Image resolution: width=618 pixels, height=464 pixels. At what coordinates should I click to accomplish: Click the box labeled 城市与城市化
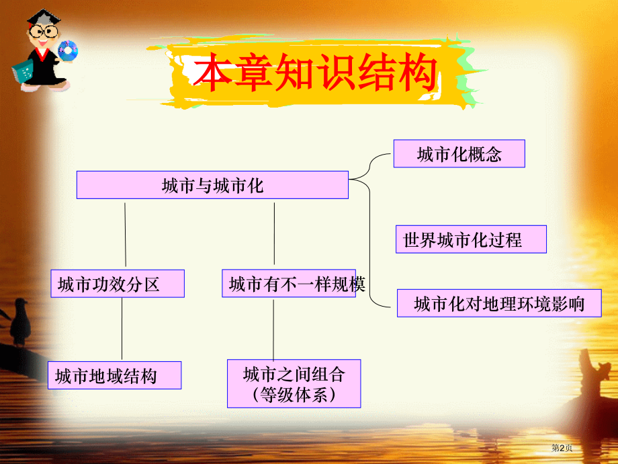[x=212, y=185]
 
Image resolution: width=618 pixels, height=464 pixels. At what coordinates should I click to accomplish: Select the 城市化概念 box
[x=459, y=154]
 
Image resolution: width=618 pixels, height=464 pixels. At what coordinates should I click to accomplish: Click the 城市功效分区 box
[x=118, y=284]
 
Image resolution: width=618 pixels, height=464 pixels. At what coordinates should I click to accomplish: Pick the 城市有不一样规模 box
[x=289, y=284]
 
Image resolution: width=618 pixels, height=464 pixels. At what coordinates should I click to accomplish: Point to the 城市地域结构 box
[x=114, y=375]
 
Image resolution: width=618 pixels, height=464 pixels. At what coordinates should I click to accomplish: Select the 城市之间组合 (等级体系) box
[x=294, y=383]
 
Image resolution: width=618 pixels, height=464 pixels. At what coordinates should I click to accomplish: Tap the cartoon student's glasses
[x=42, y=32]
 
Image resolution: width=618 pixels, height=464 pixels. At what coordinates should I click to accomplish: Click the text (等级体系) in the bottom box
[x=294, y=395]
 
